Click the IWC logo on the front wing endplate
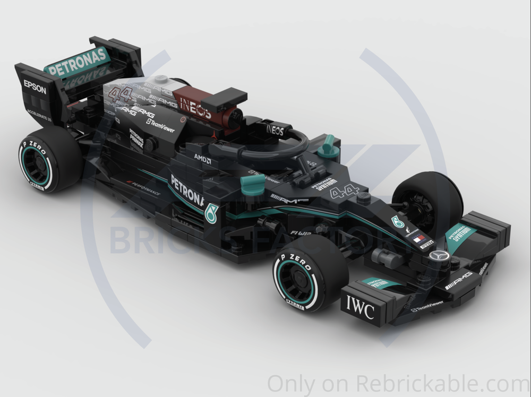tap(361, 306)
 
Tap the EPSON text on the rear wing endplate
tap(35, 88)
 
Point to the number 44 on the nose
tap(345, 191)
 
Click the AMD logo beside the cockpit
tap(202, 158)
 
